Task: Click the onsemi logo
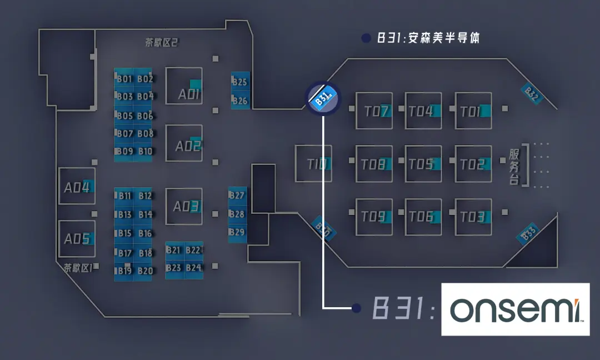tap(515, 309)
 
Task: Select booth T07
tap(374, 111)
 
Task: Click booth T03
tap(473, 217)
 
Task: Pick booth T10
tap(313, 164)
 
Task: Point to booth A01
tap(184, 86)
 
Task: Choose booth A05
tap(77, 239)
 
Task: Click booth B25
tap(240, 82)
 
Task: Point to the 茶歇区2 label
tap(161, 43)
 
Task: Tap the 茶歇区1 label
tap(78, 268)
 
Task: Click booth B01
tap(124, 79)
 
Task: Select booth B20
tap(145, 271)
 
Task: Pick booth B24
tap(193, 268)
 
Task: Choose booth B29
tap(237, 232)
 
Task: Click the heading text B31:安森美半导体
tap(428, 38)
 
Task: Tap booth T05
tap(423, 164)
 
